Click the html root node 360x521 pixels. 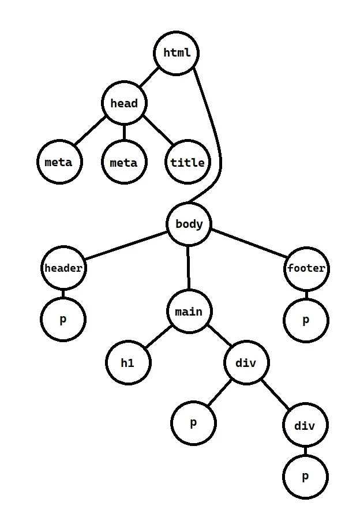point(177,53)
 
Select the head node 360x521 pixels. point(124,104)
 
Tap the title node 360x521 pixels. point(187,162)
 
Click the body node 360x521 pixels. point(189,224)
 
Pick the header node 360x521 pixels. point(63,268)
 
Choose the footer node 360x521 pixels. point(306,268)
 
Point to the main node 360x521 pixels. point(189,312)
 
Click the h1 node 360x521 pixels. point(127,363)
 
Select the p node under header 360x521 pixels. point(63,319)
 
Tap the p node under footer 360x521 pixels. point(306,320)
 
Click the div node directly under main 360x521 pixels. point(246,363)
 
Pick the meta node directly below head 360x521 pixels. point(124,162)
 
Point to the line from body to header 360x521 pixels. point(125,246)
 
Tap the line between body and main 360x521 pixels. point(189,268)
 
